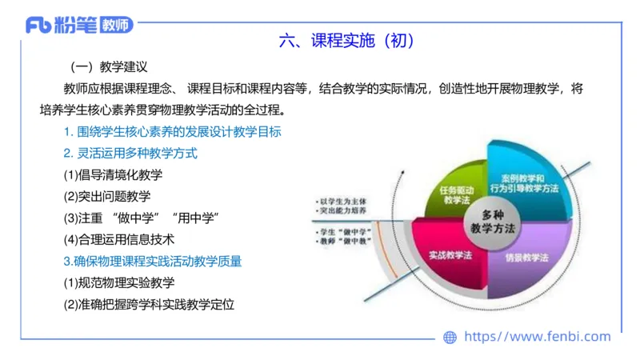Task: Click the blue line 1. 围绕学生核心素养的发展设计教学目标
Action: pyautogui.click(x=172, y=131)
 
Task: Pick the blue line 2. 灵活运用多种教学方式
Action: pyautogui.click(x=130, y=153)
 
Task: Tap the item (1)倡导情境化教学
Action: pyautogui.click(x=112, y=174)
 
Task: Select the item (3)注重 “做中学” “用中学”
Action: pyautogui.click(x=141, y=218)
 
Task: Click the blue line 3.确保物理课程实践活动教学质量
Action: pyautogui.click(x=153, y=261)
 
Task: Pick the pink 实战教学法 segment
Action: pyautogui.click(x=448, y=256)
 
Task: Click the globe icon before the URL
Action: pyautogui.click(x=450, y=338)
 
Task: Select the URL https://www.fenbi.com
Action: pyautogui.click(x=538, y=338)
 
